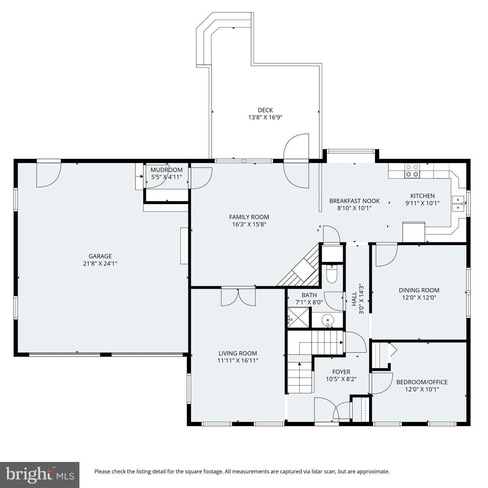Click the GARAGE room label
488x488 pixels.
(x=100, y=256)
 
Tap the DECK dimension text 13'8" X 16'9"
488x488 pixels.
(x=265, y=117)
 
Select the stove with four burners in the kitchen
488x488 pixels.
(x=412, y=171)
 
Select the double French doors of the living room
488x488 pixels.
(x=238, y=297)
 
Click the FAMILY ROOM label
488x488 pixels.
(x=249, y=217)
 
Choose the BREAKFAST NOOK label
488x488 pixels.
(x=355, y=201)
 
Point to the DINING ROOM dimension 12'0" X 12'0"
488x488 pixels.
(x=419, y=298)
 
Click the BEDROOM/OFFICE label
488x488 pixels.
(x=422, y=382)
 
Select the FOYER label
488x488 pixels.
(x=341, y=372)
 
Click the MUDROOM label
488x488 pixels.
(x=166, y=170)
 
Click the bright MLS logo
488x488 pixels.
(x=40, y=475)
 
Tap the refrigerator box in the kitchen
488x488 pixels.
(x=414, y=232)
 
